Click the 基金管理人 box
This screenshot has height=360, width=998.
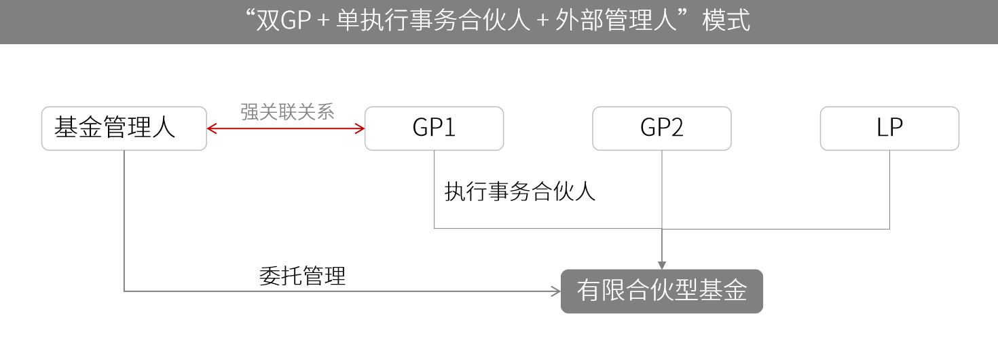click(124, 128)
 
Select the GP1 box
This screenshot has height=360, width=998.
click(434, 128)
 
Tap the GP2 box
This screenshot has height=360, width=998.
click(662, 128)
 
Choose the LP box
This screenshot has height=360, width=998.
click(889, 128)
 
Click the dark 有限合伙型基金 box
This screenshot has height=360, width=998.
click(662, 291)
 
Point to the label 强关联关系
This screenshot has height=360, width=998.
click(287, 111)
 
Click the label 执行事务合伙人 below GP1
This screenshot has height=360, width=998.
click(520, 192)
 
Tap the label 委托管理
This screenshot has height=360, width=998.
click(303, 276)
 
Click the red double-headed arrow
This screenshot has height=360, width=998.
click(286, 129)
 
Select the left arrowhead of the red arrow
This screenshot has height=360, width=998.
click(211, 129)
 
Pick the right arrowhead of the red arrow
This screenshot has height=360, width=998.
click(361, 129)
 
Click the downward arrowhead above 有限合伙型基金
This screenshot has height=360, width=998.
click(662, 266)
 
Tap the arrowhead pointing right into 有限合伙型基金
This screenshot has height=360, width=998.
click(556, 291)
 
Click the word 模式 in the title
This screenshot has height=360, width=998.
click(726, 20)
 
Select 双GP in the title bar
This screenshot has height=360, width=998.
click(283, 20)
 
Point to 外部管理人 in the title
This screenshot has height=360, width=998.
click(616, 20)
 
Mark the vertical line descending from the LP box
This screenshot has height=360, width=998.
click(890, 190)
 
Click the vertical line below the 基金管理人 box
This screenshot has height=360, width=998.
click(124, 221)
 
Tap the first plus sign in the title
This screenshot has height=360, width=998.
click(323, 21)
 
